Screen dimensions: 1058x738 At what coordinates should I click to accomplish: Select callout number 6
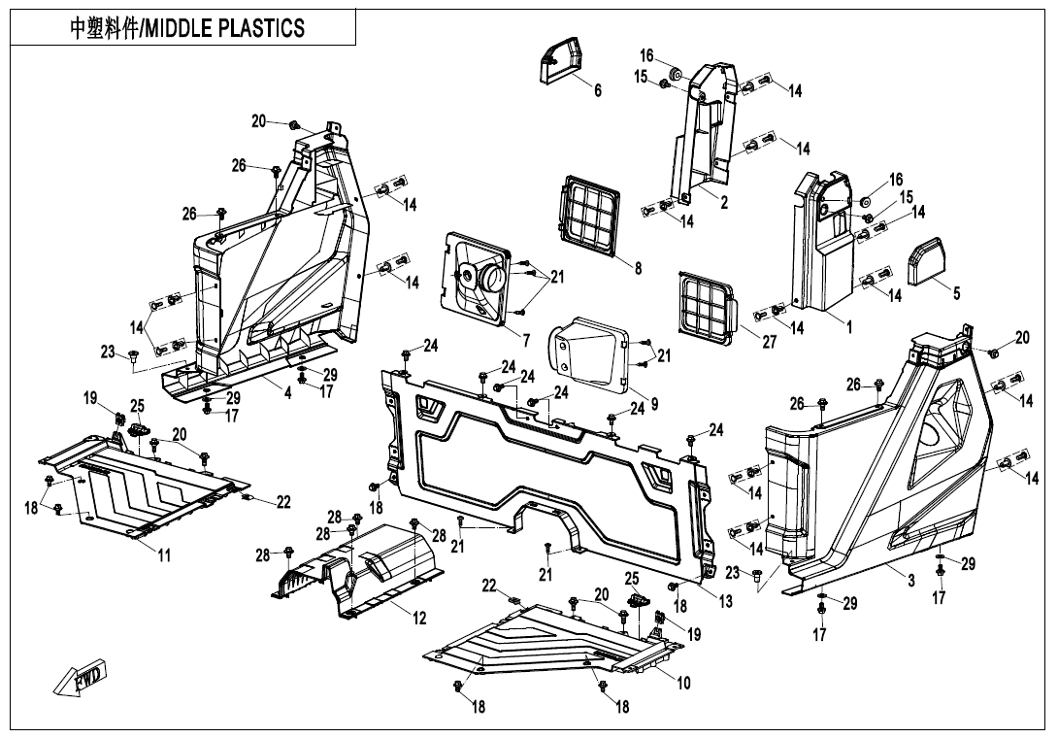597,89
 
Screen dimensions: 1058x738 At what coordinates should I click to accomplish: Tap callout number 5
957,293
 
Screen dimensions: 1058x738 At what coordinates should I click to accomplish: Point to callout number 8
638,268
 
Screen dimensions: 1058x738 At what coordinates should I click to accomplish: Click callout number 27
770,342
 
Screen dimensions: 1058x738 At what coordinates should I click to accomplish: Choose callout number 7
526,340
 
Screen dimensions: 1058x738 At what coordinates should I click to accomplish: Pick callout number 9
654,404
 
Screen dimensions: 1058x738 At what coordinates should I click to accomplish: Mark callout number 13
725,601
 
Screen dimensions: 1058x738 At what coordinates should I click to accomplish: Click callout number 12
419,618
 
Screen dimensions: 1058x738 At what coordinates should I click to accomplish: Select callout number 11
164,555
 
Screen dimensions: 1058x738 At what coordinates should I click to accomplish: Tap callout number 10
683,683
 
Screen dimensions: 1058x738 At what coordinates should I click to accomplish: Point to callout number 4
288,393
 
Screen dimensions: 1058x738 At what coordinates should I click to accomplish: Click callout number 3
911,580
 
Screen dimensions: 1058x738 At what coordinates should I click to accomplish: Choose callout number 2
724,203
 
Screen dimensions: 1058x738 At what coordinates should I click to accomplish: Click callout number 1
849,327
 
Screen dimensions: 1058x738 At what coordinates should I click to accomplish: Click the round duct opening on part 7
492,276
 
